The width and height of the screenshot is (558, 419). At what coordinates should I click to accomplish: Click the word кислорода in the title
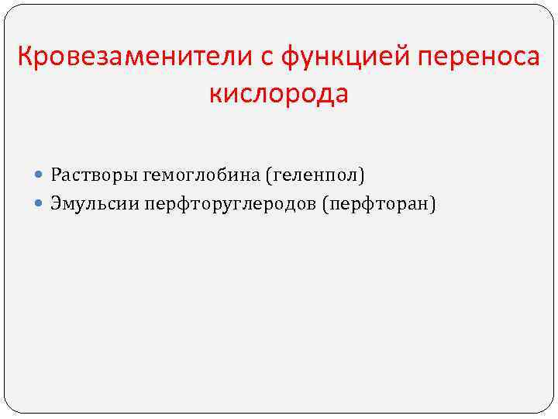(x=279, y=95)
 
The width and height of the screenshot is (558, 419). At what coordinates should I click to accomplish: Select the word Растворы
(x=94, y=176)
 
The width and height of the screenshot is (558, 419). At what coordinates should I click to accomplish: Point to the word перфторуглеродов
(x=238, y=204)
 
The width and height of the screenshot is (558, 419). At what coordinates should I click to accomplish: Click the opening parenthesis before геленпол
(x=269, y=176)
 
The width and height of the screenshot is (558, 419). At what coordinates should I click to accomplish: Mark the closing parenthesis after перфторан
(x=434, y=204)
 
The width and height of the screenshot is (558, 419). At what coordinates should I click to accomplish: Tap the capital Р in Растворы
(x=56, y=175)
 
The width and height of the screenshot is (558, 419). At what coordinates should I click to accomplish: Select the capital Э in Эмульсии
(x=57, y=203)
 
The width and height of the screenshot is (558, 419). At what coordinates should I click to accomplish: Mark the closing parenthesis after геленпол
(x=361, y=176)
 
